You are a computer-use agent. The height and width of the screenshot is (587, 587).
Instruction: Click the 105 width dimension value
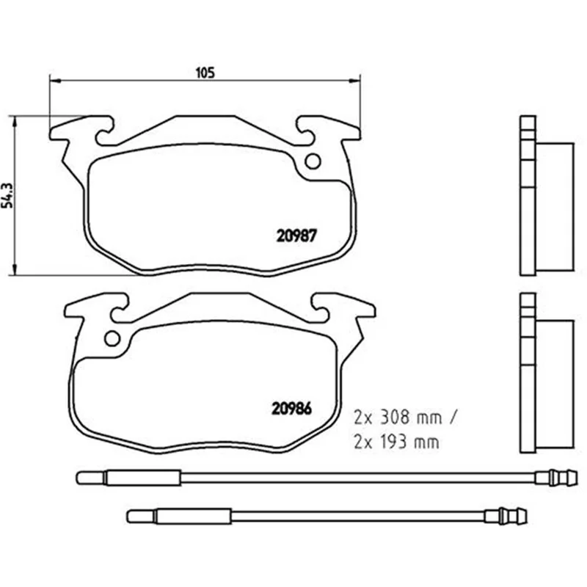[205, 73]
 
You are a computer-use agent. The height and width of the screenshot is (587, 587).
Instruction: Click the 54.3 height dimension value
[7, 196]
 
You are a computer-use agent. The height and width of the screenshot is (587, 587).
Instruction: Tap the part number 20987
[296, 236]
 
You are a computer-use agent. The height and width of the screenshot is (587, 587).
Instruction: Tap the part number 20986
[291, 409]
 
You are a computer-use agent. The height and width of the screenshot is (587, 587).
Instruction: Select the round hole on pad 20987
[313, 161]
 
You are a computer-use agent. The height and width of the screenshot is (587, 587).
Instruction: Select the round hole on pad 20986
[112, 338]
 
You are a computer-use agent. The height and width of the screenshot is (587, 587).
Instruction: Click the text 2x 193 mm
[396, 442]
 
